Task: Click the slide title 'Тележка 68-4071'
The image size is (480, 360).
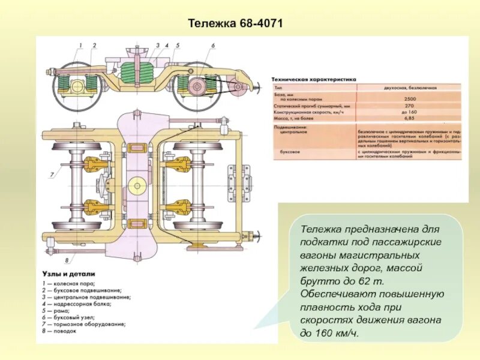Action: click(x=235, y=24)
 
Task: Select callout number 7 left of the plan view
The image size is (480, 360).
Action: click(x=52, y=174)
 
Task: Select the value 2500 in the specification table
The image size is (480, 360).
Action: click(x=410, y=98)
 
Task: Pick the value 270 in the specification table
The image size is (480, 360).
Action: click(x=410, y=105)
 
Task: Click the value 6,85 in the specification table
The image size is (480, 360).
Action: click(x=410, y=119)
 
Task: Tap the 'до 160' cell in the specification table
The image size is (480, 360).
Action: click(x=410, y=112)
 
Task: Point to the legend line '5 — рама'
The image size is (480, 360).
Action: click(x=61, y=310)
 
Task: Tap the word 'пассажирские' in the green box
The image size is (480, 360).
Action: click(x=407, y=241)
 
